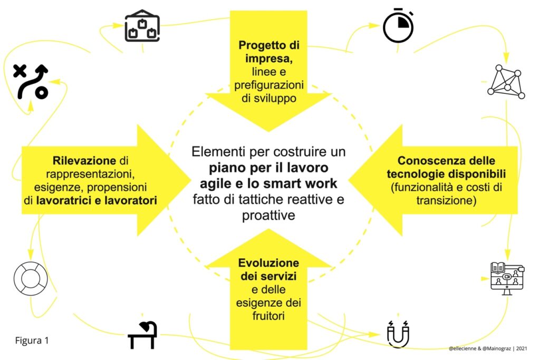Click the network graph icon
(506, 82)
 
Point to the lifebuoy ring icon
(19, 279)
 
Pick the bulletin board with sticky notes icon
(142, 26)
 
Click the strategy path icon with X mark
(31, 82)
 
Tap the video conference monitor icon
(507, 278)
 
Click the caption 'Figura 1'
(32, 340)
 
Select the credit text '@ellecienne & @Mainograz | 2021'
(488, 348)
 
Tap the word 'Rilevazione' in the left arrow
(84, 160)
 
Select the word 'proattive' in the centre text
(268, 216)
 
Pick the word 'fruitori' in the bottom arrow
(268, 316)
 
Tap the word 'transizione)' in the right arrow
(446, 200)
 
